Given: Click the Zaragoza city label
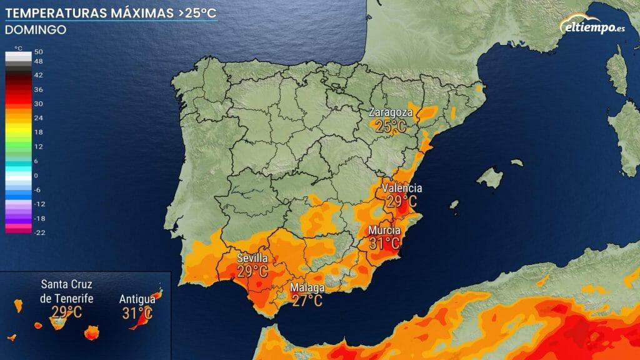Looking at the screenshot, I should pyautogui.click(x=391, y=113).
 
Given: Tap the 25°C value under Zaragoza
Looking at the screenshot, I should pyautogui.click(x=391, y=127).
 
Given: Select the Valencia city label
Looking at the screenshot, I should pyautogui.click(x=402, y=188).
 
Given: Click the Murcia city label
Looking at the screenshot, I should pyautogui.click(x=384, y=230).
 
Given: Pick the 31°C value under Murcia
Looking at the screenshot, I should pyautogui.click(x=384, y=243).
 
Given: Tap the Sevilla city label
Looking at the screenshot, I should pyautogui.click(x=252, y=258).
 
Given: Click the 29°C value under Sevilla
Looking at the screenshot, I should pyautogui.click(x=252, y=272).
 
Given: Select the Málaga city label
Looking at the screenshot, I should pyautogui.click(x=307, y=288).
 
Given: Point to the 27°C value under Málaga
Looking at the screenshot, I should pyautogui.click(x=307, y=301).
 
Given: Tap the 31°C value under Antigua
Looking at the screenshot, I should pyautogui.click(x=137, y=312).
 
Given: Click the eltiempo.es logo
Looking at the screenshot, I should pyautogui.click(x=594, y=27).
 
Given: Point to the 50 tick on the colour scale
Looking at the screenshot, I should pyautogui.click(x=38, y=52).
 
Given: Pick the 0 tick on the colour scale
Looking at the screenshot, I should pyautogui.click(x=36, y=176).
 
